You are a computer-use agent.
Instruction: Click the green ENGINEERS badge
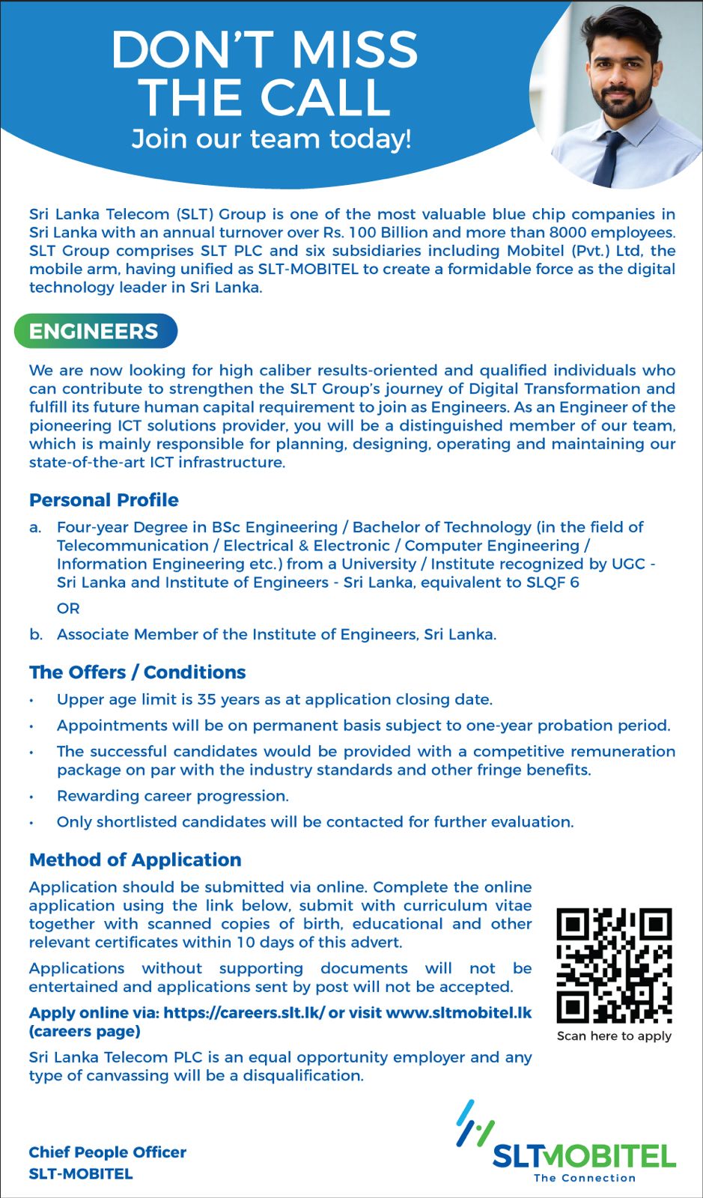(x=95, y=331)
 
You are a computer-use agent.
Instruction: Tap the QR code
(x=614, y=965)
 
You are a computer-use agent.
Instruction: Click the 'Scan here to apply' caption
(x=614, y=1036)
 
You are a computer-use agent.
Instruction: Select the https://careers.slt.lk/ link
(x=244, y=1013)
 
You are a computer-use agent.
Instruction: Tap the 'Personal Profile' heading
(x=104, y=500)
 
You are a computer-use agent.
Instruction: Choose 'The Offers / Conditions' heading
(x=138, y=672)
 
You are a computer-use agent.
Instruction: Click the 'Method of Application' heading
(x=136, y=860)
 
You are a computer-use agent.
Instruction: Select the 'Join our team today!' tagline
(x=271, y=139)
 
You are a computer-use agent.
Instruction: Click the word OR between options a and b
(x=68, y=609)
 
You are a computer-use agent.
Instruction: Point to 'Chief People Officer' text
(x=108, y=1152)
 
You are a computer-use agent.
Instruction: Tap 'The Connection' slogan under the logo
(x=584, y=1178)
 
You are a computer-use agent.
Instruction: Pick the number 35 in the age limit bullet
(x=207, y=699)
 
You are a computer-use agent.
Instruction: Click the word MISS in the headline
(x=353, y=49)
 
